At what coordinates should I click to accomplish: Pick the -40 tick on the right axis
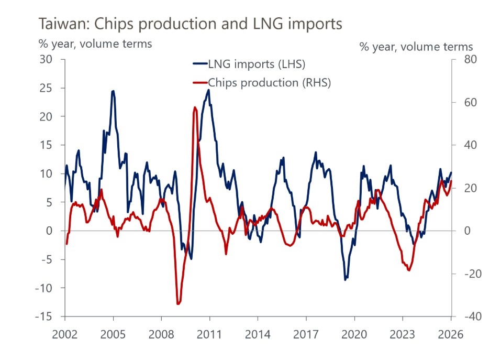(x=466, y=317)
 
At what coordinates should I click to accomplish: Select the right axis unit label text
(x=416, y=47)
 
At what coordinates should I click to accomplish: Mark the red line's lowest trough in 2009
(x=178, y=303)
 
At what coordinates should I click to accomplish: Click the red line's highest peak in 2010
(x=195, y=107)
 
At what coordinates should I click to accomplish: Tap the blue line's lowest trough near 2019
(x=345, y=280)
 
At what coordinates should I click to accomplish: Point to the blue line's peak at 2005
(x=113, y=91)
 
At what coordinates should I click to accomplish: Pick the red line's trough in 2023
(x=409, y=270)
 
